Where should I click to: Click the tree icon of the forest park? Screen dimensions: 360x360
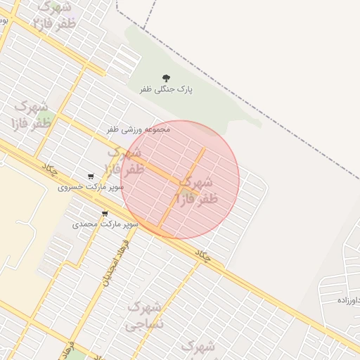(x=166, y=78)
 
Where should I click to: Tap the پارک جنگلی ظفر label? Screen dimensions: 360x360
(x=166, y=90)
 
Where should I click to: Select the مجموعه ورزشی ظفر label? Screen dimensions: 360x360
(x=139, y=129)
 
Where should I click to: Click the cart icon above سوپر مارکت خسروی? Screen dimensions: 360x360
(x=91, y=176)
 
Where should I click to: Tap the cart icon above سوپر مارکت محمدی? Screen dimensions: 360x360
(x=105, y=214)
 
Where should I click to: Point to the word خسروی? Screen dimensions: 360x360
(x=71, y=188)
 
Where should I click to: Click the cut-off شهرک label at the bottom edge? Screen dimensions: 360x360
(x=198, y=347)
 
